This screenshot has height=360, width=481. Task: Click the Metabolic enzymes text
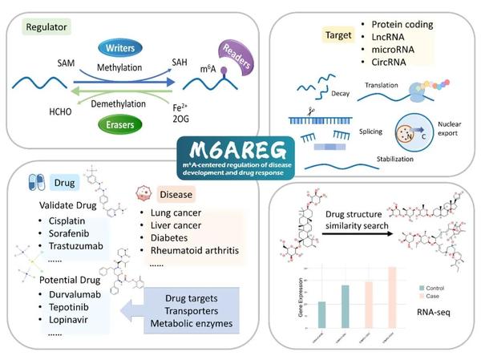click(192, 325)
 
